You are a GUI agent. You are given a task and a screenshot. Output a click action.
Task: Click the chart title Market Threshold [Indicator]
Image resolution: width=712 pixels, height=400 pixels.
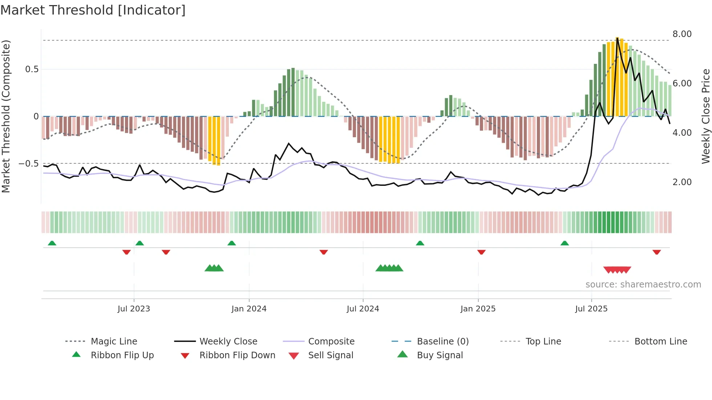click(93, 10)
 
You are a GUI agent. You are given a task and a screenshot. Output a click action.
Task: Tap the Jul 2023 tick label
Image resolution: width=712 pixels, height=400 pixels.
click(134, 309)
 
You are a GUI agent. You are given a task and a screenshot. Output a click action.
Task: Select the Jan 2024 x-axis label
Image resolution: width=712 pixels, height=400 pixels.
click(249, 309)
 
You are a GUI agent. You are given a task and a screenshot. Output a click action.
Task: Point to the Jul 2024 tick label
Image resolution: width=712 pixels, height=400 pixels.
click(363, 309)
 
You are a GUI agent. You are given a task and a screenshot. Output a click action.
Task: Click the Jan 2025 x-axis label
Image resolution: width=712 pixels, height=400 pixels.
click(478, 309)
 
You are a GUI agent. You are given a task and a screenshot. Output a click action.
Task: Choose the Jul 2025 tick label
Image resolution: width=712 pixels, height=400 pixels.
click(591, 309)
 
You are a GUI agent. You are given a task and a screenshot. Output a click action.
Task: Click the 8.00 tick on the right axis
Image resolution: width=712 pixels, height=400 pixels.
click(682, 34)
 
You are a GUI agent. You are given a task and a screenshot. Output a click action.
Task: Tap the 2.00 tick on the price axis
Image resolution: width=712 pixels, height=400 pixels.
click(682, 182)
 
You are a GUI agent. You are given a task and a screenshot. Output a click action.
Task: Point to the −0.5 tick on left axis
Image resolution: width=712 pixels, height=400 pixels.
click(28, 164)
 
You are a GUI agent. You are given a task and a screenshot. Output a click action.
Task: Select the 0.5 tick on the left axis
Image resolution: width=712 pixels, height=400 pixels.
click(32, 69)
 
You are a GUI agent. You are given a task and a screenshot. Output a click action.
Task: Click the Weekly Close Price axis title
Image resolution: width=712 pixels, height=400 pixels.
click(705, 116)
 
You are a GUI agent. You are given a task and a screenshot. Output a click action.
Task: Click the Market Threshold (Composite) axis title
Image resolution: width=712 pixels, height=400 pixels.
click(6, 116)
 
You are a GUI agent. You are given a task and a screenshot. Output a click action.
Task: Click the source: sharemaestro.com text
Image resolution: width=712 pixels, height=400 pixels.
click(643, 285)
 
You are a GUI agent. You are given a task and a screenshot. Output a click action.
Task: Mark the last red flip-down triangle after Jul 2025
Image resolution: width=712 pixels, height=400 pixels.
click(656, 252)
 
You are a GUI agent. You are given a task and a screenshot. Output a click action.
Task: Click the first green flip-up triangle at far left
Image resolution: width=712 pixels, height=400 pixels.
click(52, 243)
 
